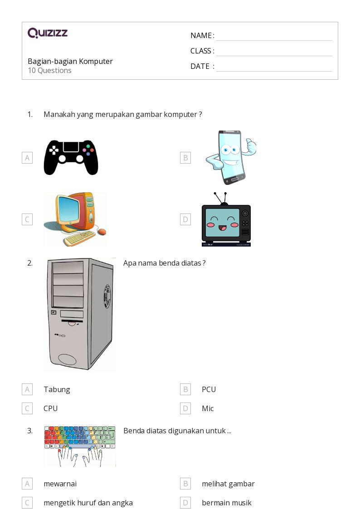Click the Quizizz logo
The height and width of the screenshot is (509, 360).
coord(48,33)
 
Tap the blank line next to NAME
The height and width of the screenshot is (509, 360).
coord(274,41)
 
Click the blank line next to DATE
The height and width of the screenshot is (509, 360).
coord(274,71)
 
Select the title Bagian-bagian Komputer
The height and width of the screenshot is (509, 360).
coord(70,61)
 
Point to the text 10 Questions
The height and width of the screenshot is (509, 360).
coord(50,70)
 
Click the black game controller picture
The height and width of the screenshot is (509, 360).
coord(71,157)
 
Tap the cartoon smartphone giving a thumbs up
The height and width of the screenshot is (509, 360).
coord(231,157)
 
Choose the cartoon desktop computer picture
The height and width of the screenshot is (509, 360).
coord(75,219)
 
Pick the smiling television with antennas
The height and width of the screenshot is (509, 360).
coord(226,219)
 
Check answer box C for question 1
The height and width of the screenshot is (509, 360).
coord(27,219)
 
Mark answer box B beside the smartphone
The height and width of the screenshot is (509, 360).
coord(185,158)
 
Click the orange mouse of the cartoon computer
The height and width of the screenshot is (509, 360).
coord(102,232)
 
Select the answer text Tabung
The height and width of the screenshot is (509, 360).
coord(57,389)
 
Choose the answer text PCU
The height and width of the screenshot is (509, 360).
coord(209,389)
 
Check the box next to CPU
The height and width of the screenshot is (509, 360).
coord(27,408)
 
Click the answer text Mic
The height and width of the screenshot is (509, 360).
coord(208,408)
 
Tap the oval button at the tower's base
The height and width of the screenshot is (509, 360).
coord(67,359)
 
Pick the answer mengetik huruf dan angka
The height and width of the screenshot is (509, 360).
coord(88,503)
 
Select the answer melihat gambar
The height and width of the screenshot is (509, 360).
coord(228,484)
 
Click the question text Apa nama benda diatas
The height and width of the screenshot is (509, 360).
coord(164,263)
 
